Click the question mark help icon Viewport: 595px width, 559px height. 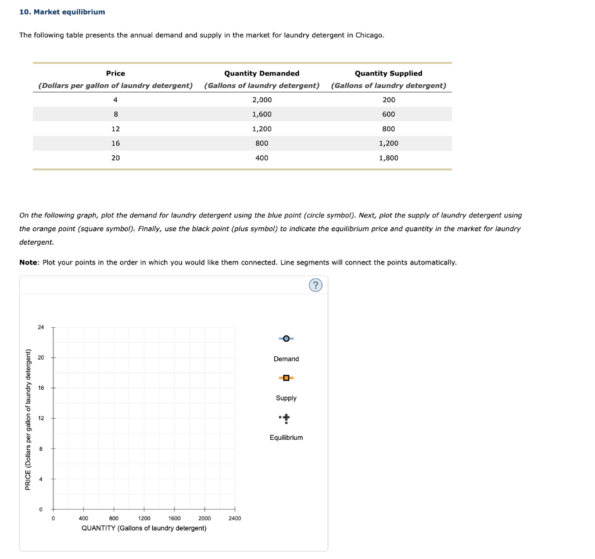point(315,285)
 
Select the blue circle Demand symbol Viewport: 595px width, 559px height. point(286,339)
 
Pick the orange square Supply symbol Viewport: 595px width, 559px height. point(286,378)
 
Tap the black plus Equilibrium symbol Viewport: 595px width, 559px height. point(286,418)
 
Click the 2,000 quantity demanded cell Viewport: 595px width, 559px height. point(262,100)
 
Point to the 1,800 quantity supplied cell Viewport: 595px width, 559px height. point(389,158)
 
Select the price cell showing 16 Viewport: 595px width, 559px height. point(116,144)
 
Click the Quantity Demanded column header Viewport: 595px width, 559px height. point(262,73)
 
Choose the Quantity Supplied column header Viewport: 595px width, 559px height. point(389,73)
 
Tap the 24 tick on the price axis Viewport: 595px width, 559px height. point(41,328)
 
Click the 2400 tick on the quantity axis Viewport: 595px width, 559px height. point(235,518)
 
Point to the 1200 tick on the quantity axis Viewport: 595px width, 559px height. point(144,518)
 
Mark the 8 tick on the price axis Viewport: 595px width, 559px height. point(41,449)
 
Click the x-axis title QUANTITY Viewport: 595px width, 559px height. point(144,528)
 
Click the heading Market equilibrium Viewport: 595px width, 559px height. point(62,12)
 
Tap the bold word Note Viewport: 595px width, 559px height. point(29,263)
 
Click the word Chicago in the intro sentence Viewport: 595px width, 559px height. point(370,35)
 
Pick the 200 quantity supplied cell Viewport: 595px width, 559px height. point(389,100)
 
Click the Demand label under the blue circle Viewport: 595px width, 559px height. point(286,359)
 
